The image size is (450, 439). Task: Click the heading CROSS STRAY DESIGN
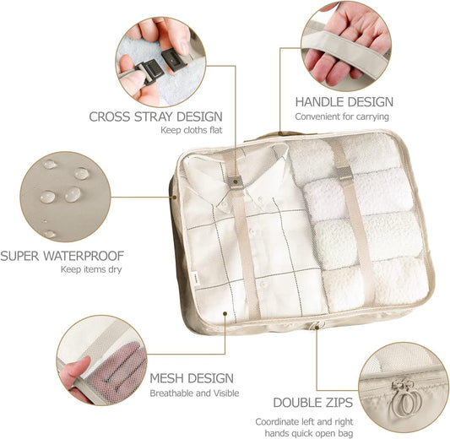click(156, 116)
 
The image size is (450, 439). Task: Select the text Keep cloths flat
click(192, 131)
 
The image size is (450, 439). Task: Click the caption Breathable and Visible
click(194, 393)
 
